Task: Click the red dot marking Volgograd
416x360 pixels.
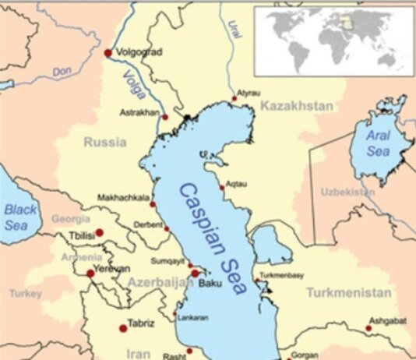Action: (x=108, y=52)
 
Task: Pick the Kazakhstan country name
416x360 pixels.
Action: (x=297, y=105)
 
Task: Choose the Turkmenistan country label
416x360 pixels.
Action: (x=347, y=293)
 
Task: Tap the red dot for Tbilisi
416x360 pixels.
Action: (x=100, y=232)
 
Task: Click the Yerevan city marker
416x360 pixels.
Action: (x=90, y=273)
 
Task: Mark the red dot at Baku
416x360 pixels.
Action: (x=195, y=273)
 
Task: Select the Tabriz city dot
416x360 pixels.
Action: (x=122, y=328)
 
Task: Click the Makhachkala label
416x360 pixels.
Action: (x=123, y=197)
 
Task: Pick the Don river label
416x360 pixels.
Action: (x=62, y=72)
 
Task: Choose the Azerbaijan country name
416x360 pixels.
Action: (x=160, y=282)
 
